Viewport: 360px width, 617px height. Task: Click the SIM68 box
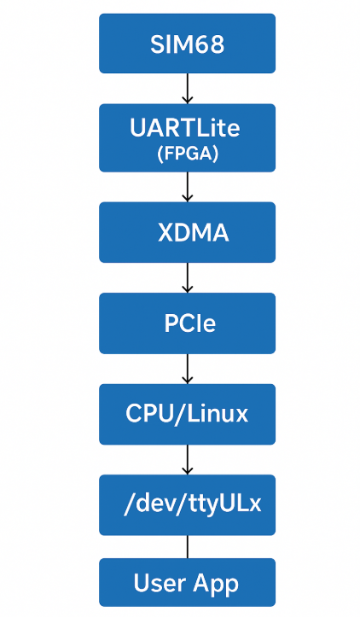[187, 44]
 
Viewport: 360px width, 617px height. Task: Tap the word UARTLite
[185, 128]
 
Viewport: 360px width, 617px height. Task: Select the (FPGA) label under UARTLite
[187, 154]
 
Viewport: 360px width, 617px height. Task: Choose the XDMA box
[187, 232]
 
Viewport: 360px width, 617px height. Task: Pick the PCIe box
[187, 323]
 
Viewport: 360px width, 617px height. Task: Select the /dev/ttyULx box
[187, 505]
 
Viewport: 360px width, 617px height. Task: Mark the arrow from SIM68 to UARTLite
[187, 88]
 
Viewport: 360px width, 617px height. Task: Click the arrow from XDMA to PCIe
[187, 277]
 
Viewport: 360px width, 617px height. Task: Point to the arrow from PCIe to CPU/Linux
[187, 369]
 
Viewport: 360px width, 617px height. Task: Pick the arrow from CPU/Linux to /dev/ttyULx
[187, 459]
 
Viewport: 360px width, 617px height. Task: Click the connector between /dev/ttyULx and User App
[187, 547]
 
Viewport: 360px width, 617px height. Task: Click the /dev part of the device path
[149, 504]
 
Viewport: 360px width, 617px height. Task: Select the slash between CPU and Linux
[180, 415]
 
